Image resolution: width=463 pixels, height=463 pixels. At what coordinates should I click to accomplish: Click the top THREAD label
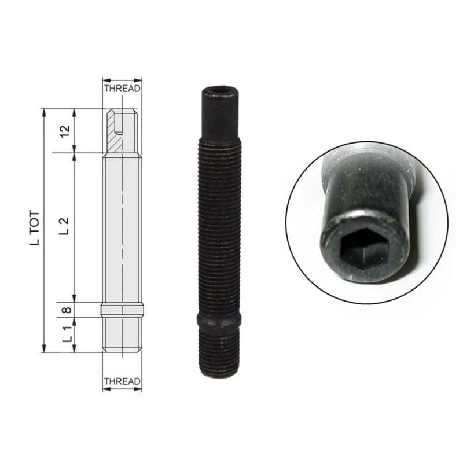pyautogui.click(x=122, y=89)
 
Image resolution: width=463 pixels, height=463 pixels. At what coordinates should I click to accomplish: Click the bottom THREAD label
pyautogui.click(x=122, y=381)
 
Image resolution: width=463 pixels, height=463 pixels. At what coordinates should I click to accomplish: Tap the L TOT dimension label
pyautogui.click(x=35, y=228)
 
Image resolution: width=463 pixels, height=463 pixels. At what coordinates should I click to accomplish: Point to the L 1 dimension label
pyautogui.click(x=67, y=334)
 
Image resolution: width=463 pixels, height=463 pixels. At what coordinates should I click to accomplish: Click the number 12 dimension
pyautogui.click(x=65, y=131)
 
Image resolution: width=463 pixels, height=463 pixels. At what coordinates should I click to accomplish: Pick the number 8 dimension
pyautogui.click(x=67, y=310)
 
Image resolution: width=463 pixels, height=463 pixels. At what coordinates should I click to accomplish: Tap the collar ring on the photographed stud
pyautogui.click(x=219, y=319)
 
